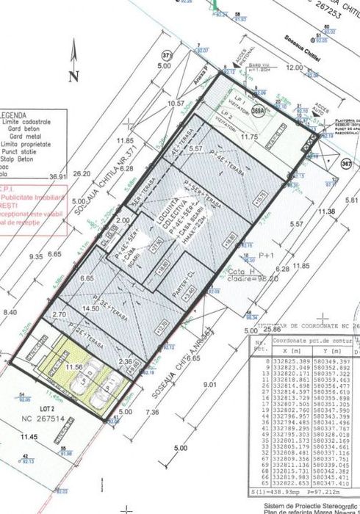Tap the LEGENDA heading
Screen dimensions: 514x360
pos(14,116)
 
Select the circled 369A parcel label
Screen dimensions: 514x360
pos(256,109)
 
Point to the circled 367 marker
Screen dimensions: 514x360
pos(346,164)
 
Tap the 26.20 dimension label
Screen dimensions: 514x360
pos(82,174)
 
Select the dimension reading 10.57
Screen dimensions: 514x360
pos(176,104)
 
